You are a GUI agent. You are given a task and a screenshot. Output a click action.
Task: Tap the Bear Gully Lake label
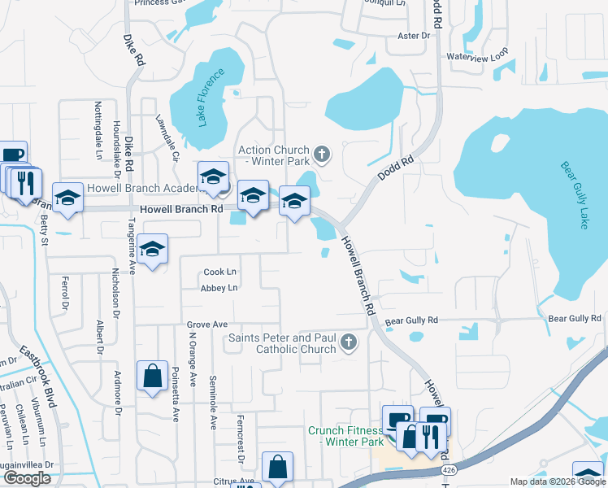[573, 195]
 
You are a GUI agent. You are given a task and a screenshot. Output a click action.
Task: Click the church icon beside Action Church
[322, 153]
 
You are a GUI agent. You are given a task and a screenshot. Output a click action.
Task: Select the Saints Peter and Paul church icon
[349, 342]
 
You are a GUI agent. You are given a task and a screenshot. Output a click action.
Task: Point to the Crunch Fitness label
[345, 436]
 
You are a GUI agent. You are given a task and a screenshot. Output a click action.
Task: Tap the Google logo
[27, 478]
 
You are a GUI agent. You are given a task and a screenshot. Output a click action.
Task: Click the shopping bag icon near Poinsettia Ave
[152, 377]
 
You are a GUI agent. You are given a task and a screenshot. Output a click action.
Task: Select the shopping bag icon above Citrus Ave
[277, 468]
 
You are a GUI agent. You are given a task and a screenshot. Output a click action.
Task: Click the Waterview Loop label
[477, 56]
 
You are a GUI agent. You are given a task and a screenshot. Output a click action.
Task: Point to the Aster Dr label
[413, 36]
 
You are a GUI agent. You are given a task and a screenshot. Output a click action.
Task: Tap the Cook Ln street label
[220, 272]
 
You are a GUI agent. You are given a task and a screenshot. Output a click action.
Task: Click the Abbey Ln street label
[220, 288]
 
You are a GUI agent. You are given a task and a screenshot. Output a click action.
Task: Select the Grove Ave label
[206, 324]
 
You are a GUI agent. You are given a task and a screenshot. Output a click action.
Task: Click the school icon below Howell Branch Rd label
[152, 250]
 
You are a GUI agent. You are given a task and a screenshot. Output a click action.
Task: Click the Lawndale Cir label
[167, 138]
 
